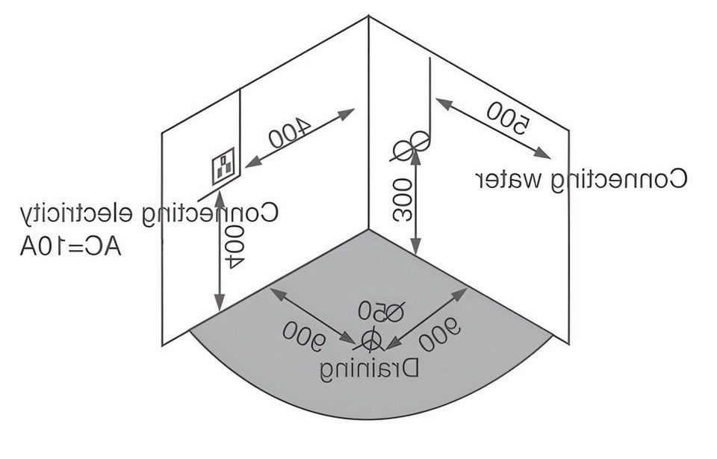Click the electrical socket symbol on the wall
point(224,166)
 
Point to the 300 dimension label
point(403,200)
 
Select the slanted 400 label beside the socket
point(290,132)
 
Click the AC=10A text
point(70,247)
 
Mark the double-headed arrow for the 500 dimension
point(493,128)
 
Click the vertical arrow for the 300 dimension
point(416,202)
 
